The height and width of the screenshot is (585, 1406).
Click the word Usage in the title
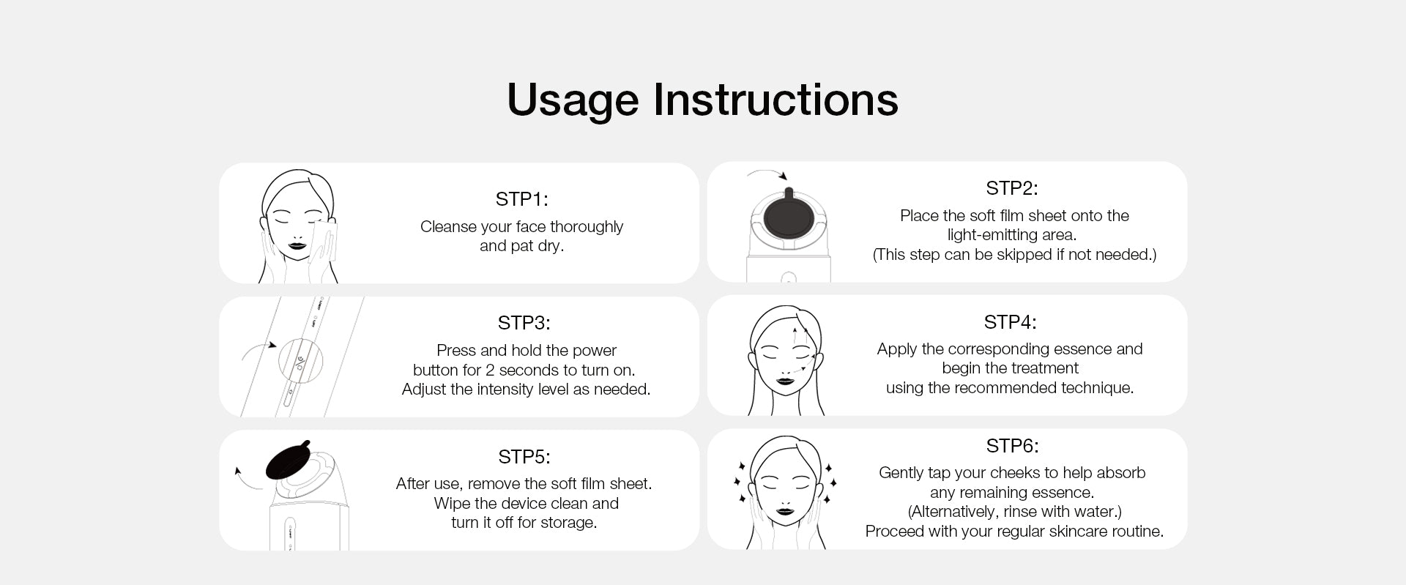click(x=572, y=100)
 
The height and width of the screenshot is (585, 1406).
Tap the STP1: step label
click(x=521, y=199)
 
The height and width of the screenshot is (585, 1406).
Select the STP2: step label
click(x=1011, y=188)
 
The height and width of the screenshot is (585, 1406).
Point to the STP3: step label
click(x=524, y=323)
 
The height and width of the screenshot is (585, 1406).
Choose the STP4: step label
click(x=1010, y=322)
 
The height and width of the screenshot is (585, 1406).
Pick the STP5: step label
click(x=524, y=457)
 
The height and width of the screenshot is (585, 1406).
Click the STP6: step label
click(x=1012, y=446)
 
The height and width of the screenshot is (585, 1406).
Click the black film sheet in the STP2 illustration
click(x=788, y=216)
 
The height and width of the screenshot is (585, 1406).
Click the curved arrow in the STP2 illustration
click(x=767, y=173)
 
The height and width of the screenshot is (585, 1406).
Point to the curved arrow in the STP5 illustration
click(x=246, y=480)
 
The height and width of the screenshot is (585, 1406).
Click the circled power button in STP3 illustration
click(x=300, y=361)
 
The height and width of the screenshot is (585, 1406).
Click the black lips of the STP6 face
click(x=785, y=510)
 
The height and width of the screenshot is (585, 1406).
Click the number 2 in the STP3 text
click(x=490, y=370)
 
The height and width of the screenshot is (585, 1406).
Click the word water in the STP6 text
click(x=1094, y=512)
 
